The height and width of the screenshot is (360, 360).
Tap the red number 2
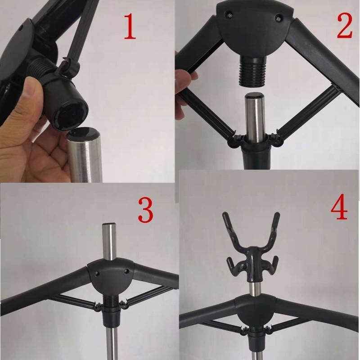tap(344, 27)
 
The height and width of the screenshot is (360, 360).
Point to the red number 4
tap(339, 207)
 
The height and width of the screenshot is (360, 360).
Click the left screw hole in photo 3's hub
tap(97, 273)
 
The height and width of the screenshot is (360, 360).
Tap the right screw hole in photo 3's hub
tap(126, 272)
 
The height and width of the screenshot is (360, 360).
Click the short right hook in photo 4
tap(271, 265)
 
